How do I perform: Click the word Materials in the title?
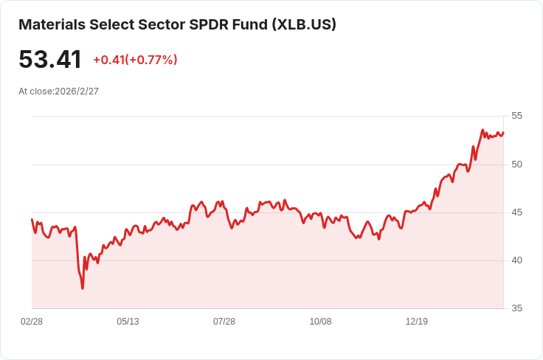[x=52, y=24]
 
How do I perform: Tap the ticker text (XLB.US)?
[x=304, y=24]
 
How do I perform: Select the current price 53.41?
[x=50, y=59]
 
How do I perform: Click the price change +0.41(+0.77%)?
[x=135, y=60]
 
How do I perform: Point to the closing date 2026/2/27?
[x=77, y=91]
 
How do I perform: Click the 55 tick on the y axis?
[x=516, y=116]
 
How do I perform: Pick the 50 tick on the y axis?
[x=516, y=165]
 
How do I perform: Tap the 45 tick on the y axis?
[x=516, y=212]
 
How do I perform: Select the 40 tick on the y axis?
[x=516, y=260]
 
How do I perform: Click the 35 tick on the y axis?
[x=516, y=308]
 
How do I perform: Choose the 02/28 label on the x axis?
[x=32, y=322]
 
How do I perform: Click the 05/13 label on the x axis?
[x=128, y=322]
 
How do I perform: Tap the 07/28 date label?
[x=224, y=322]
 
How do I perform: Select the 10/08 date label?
[x=320, y=322]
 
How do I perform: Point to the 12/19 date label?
[x=417, y=322]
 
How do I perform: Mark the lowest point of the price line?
[x=83, y=288]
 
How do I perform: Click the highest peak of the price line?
[x=483, y=130]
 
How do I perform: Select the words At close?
[x=35, y=91]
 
